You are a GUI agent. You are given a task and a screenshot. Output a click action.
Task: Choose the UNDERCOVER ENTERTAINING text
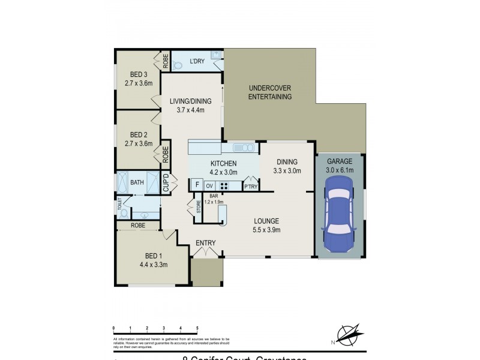[x=270, y=92]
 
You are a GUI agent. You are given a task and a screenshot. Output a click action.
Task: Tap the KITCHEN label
[x=223, y=164]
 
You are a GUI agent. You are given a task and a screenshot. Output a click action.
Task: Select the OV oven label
[x=210, y=186]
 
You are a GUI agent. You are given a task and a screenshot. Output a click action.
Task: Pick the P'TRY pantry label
[x=250, y=188]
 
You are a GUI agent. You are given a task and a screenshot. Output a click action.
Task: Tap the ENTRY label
[x=206, y=242]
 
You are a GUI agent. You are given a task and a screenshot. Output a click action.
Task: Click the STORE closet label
[x=199, y=208]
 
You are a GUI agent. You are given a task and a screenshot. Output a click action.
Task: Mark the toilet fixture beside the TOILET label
[x=124, y=213]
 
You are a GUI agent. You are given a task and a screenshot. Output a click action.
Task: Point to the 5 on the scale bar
[x=197, y=328]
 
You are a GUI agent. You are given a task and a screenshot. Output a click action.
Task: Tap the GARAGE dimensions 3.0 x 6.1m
[x=340, y=170]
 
